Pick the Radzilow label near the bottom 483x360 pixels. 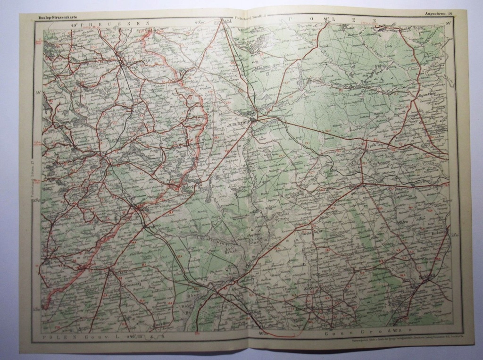(160, 325)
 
